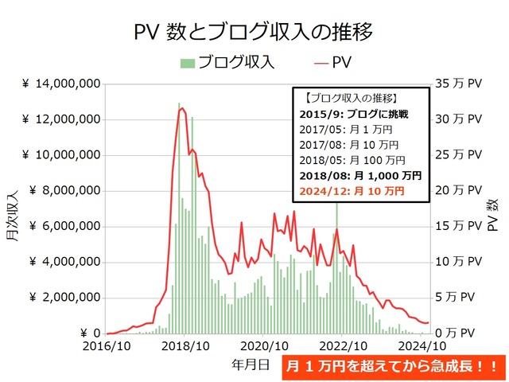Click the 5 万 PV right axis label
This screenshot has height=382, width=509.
coord(462,298)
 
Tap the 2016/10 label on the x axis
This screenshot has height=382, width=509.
coord(106,347)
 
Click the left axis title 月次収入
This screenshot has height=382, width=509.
coord(13,209)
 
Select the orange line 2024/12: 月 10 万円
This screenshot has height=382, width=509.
coord(353,191)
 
